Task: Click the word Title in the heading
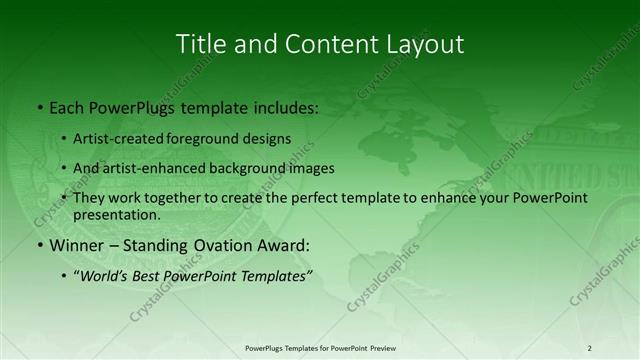(199, 44)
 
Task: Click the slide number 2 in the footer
(590, 348)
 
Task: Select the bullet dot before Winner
(39, 246)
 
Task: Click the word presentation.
(116, 214)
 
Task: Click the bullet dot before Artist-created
(64, 140)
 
